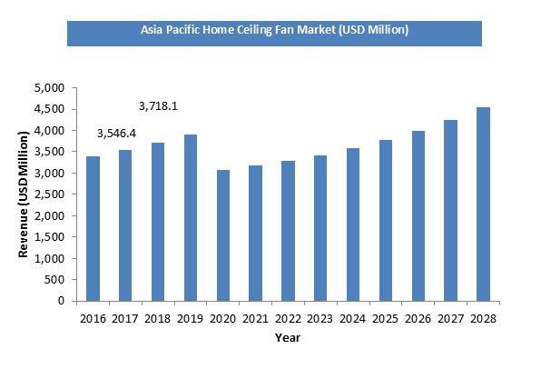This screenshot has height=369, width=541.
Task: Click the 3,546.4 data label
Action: pyautogui.click(x=117, y=135)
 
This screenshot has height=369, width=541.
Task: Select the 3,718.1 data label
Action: pyautogui.click(x=158, y=106)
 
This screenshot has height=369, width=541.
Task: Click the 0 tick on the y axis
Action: pyautogui.click(x=60, y=301)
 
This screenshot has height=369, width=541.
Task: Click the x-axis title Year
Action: pyautogui.click(x=287, y=337)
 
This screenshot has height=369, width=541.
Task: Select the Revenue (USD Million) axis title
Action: pyautogui.click(x=25, y=194)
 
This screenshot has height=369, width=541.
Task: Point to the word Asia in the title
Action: pyautogui.click(x=152, y=30)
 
